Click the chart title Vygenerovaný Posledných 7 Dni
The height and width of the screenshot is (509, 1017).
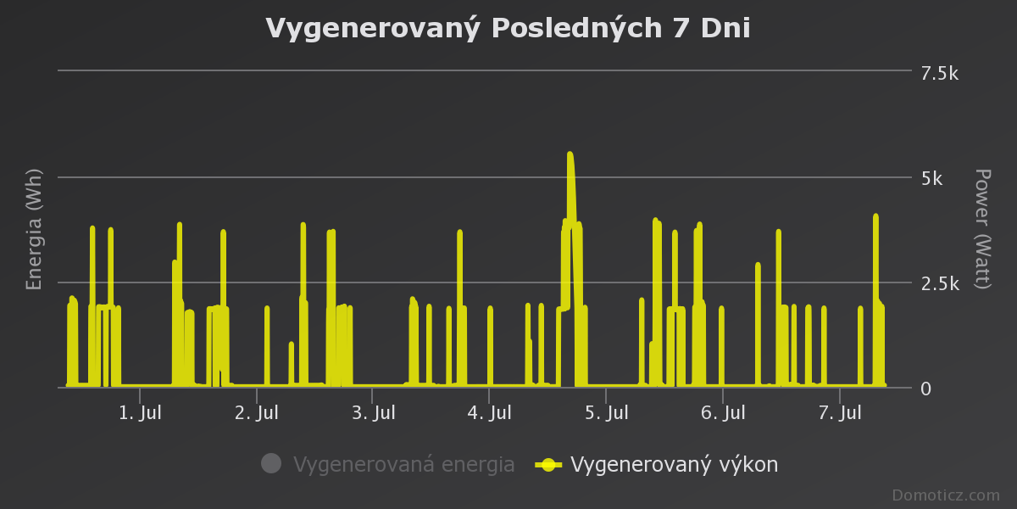coord(508,28)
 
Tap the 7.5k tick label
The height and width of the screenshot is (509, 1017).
coord(939,74)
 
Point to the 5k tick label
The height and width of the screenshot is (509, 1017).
coord(931,179)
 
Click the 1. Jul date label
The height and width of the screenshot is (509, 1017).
coord(140,413)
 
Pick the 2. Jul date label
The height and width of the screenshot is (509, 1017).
coord(257,413)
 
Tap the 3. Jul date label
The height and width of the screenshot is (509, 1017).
coord(373,413)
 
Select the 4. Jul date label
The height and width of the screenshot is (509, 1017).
coord(490,413)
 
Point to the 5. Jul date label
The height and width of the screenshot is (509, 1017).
coord(606,413)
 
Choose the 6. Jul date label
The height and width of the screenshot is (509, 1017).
coord(723,413)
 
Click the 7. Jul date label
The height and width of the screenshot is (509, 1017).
coord(839,413)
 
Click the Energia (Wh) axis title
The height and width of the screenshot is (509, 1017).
coord(35,230)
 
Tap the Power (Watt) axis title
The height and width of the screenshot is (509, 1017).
coord(981,229)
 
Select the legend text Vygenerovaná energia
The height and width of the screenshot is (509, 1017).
coord(403,465)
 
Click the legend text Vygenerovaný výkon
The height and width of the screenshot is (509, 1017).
coord(674,465)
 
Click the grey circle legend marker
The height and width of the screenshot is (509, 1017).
coord(271,463)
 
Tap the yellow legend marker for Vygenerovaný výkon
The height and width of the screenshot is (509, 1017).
coord(548,464)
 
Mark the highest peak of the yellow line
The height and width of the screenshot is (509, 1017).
coord(570,154)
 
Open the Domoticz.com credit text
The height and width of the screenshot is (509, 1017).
coord(945,495)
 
